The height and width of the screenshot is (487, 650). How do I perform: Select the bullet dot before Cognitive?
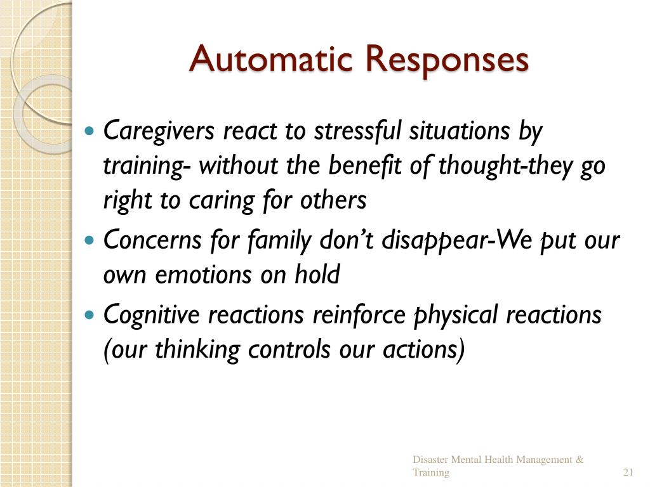pos(90,314)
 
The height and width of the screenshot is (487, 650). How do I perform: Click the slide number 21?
pos(628,473)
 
